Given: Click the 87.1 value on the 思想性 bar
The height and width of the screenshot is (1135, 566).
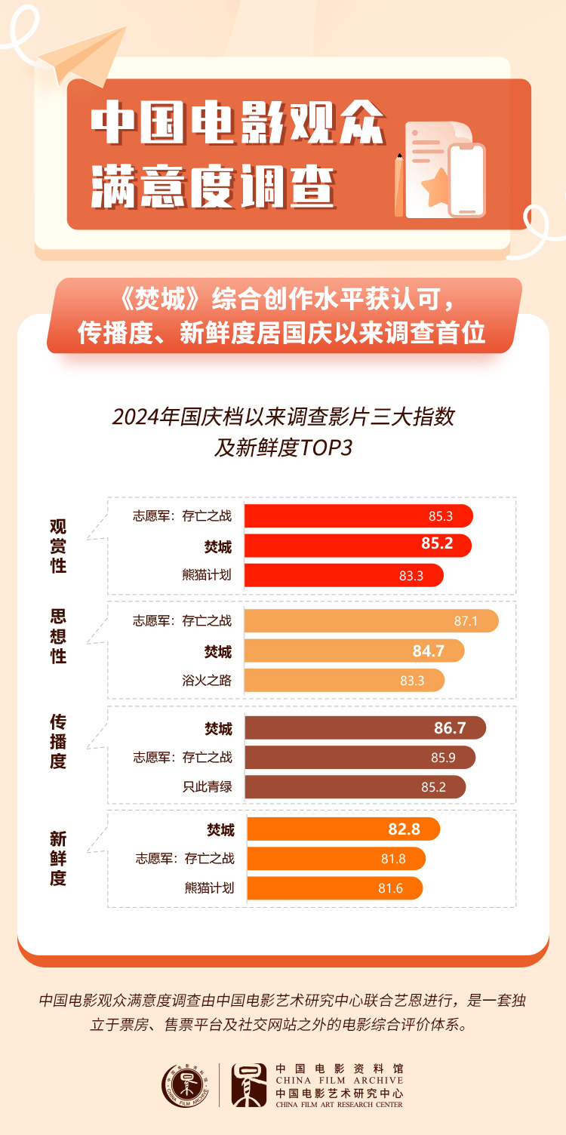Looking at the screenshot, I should [x=466, y=622].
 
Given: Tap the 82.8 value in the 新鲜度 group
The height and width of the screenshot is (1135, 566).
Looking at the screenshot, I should [x=404, y=830].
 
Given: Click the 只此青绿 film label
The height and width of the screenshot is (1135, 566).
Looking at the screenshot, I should [x=207, y=787].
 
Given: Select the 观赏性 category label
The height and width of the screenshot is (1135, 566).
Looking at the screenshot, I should [x=58, y=546].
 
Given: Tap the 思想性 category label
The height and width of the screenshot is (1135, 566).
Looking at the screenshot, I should [x=58, y=636].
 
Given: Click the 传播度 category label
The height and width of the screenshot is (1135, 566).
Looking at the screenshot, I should [x=58, y=742].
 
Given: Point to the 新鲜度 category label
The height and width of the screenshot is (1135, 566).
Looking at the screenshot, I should [x=58, y=858].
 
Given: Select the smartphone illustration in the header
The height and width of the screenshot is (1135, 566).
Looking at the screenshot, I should [x=466, y=180].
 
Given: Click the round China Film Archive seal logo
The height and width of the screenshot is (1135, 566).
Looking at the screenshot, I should [x=184, y=1085].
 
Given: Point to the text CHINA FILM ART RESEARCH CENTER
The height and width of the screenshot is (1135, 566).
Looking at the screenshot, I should [x=340, y=1105].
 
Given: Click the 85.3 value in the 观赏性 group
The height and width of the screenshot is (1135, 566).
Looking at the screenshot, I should [x=440, y=517].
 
